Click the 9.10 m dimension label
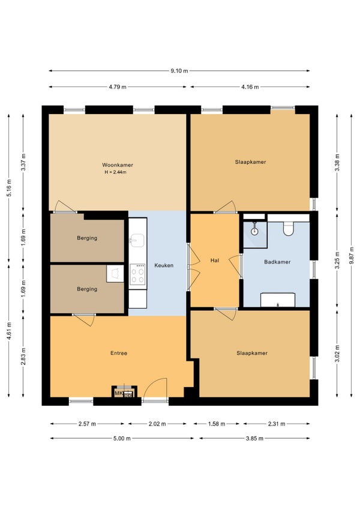click(x=179, y=71)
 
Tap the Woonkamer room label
click(x=118, y=165)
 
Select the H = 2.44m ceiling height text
click(x=115, y=172)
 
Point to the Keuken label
click(x=164, y=265)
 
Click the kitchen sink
click(x=137, y=241)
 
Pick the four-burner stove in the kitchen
click(x=137, y=274)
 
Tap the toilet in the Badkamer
click(x=288, y=229)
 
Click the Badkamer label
click(x=277, y=262)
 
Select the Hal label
click(x=215, y=261)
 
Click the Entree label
click(x=119, y=353)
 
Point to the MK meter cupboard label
click(x=118, y=393)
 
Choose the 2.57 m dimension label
click(x=87, y=424)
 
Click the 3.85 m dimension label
click(x=254, y=438)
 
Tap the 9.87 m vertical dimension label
click(x=352, y=256)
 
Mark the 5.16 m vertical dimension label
click(x=9, y=188)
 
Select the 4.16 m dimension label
click(x=250, y=86)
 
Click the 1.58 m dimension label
click(x=217, y=424)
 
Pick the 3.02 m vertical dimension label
click(x=337, y=353)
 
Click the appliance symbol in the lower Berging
click(x=115, y=274)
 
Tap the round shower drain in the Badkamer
click(x=255, y=231)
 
